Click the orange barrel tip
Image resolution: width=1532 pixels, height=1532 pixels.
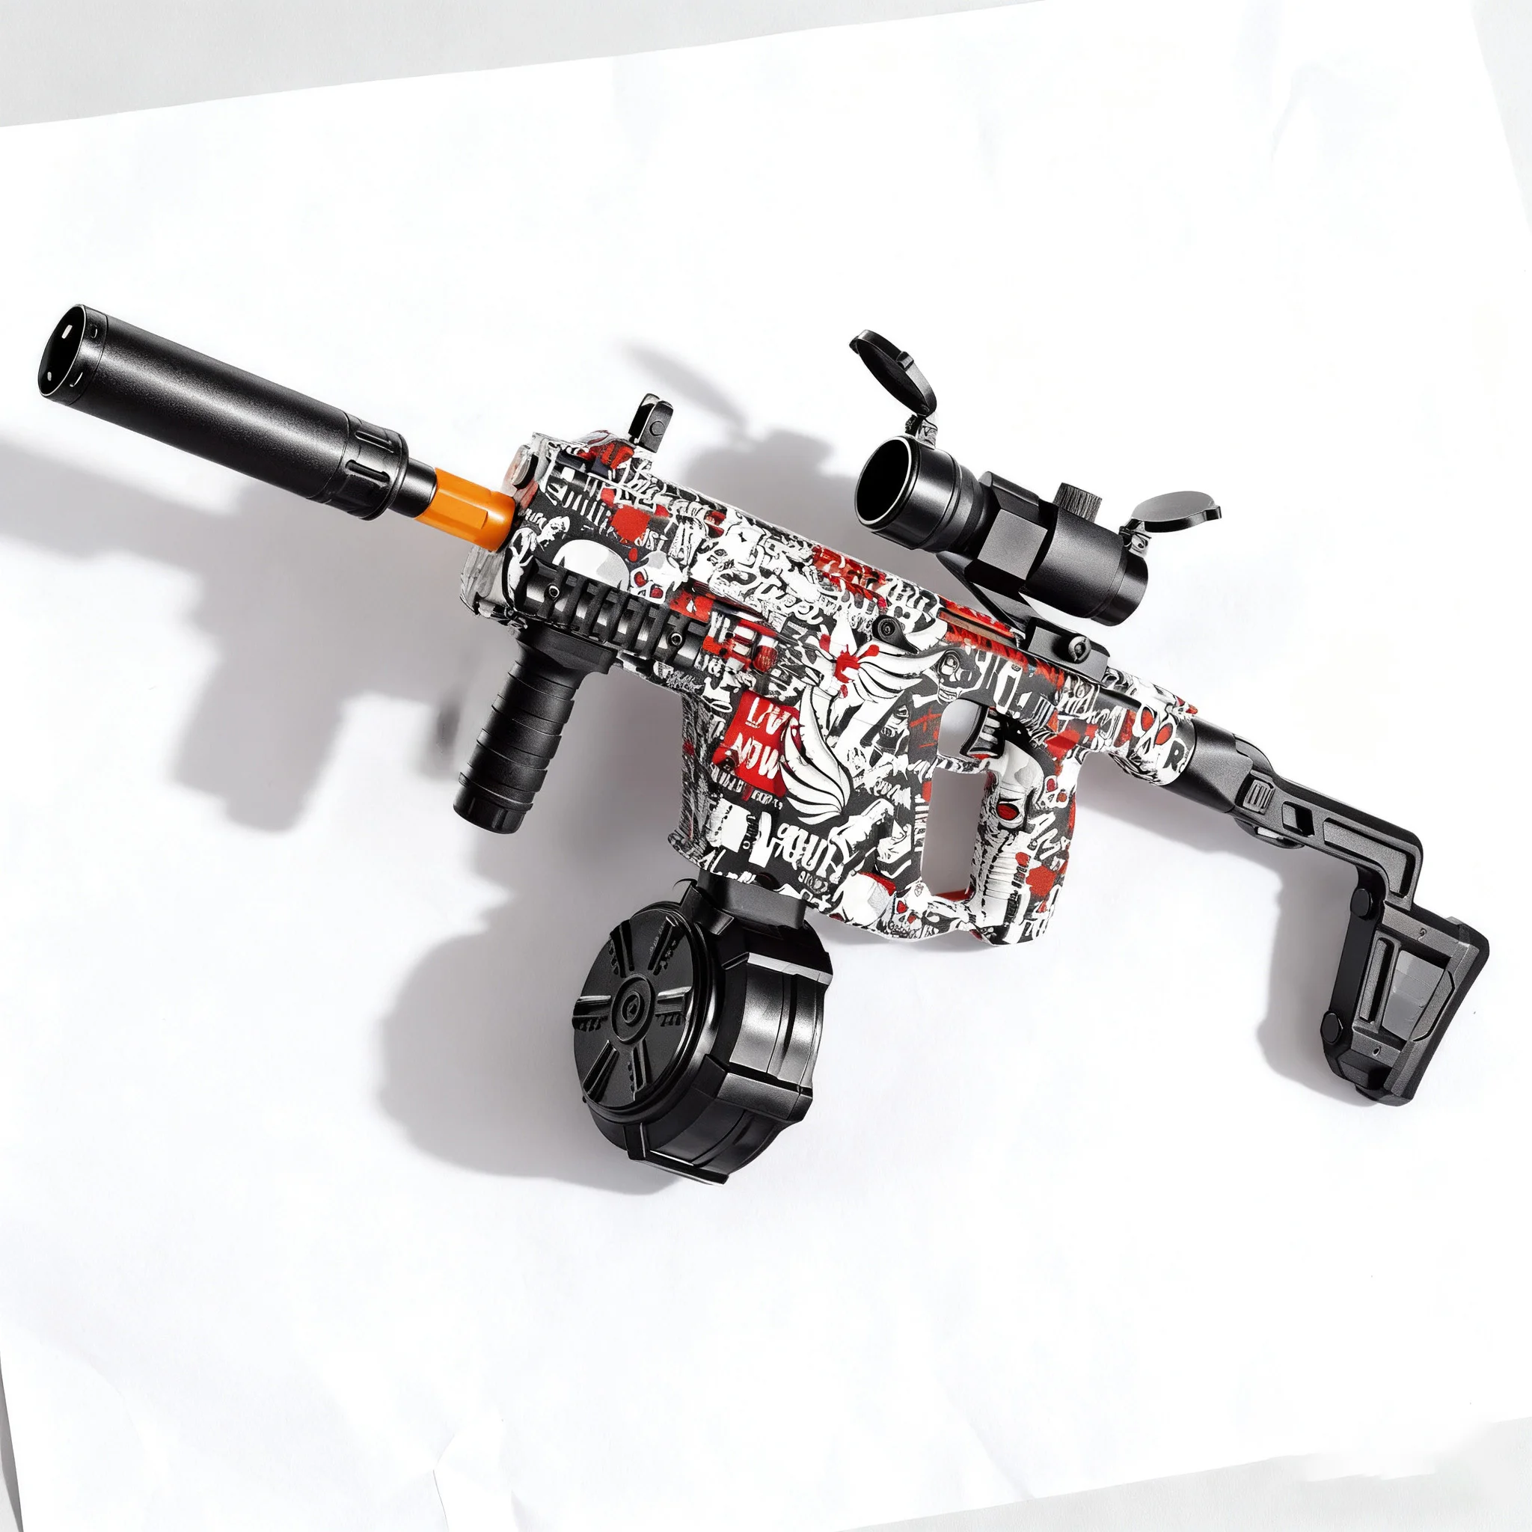pos(474,505)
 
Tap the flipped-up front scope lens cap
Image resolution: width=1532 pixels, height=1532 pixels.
pos(893,369)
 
